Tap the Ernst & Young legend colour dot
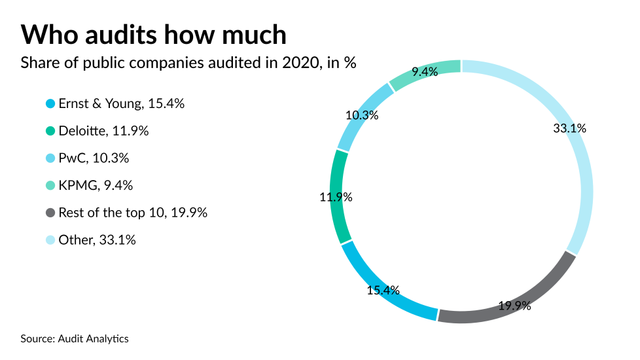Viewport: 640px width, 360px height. [x=50, y=104]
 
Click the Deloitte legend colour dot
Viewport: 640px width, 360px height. [x=50, y=131]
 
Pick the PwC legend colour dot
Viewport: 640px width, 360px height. [x=50, y=158]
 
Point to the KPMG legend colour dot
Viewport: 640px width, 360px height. [x=50, y=186]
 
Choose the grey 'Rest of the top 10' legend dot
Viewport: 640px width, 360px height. [x=50, y=213]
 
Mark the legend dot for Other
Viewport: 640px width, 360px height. [x=50, y=240]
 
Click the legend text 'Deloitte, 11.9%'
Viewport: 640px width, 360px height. [x=103, y=131]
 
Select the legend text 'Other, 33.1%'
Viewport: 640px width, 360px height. [x=97, y=240]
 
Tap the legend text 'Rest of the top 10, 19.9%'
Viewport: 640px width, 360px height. [x=133, y=213]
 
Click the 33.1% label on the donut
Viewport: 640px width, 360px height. [x=569, y=128]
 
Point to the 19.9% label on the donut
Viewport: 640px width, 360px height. [x=514, y=305]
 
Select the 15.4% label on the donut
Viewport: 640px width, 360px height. [x=383, y=290]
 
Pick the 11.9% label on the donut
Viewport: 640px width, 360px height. [x=336, y=196]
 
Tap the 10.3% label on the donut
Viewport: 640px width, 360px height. [x=362, y=115]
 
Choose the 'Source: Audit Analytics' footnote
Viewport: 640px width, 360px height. [x=75, y=338]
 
